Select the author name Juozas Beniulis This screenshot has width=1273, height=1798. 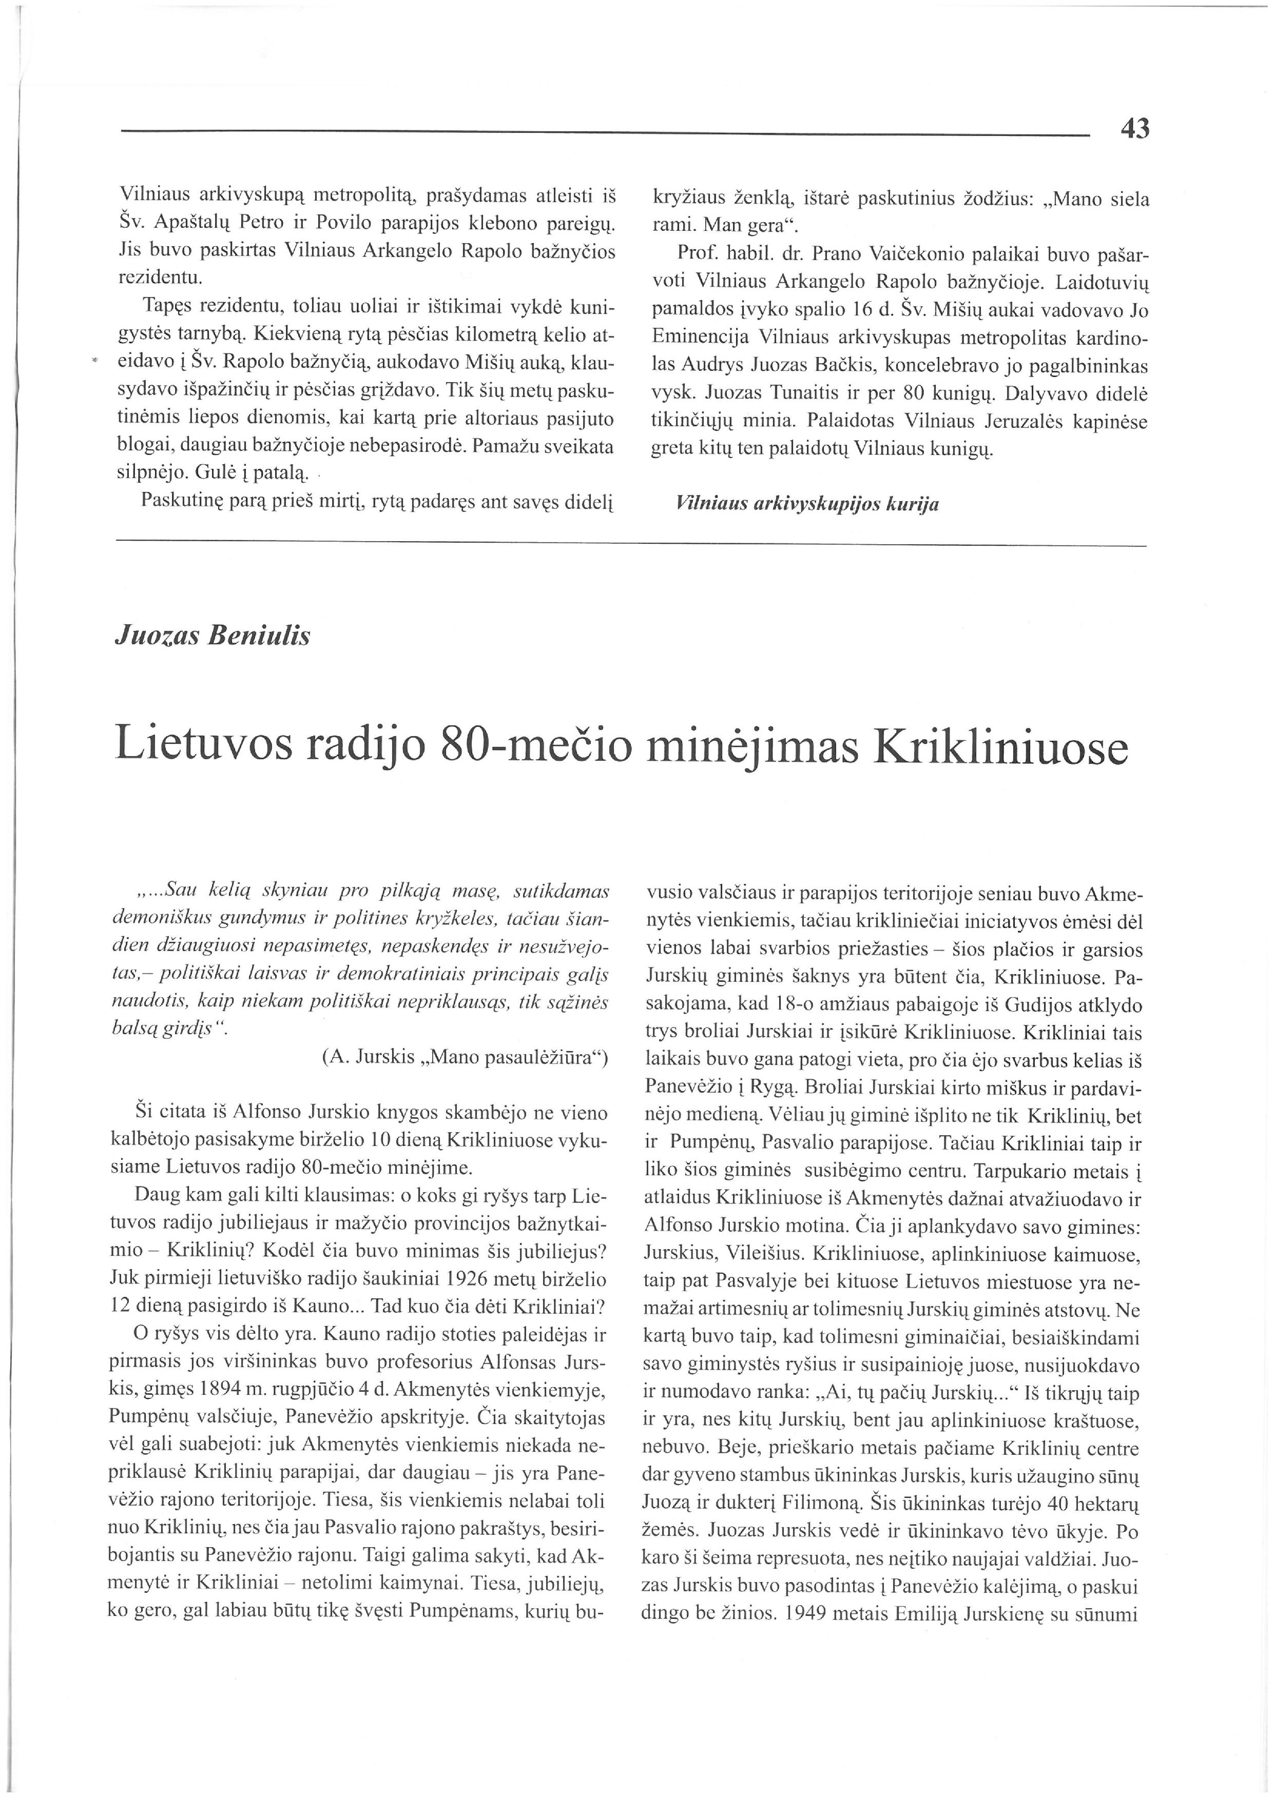click(x=213, y=636)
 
